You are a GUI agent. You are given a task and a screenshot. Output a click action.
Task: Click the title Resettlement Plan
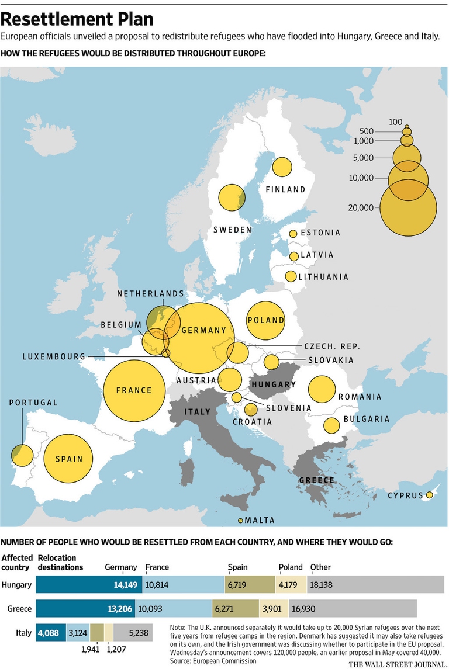[78, 19]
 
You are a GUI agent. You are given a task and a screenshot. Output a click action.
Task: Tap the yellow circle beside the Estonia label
[293, 234]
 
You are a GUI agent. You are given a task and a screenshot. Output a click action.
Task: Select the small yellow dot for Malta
[240, 520]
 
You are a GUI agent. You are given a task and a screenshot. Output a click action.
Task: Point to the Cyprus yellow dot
[430, 495]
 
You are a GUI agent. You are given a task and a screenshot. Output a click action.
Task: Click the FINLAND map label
[285, 189]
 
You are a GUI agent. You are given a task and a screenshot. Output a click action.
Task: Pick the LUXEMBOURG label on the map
[54, 356]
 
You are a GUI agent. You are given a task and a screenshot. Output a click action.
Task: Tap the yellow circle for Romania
[322, 390]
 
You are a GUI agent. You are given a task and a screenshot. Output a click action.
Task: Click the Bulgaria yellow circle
[331, 425]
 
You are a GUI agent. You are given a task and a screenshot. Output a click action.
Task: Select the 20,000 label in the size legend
[360, 207]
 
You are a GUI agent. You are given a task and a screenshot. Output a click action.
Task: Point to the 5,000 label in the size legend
[363, 158]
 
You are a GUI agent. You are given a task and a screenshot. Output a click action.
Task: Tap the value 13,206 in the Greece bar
[120, 608]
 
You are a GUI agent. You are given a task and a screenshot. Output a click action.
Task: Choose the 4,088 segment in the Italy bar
[49, 632]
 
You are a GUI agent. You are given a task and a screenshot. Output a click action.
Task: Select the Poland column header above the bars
[291, 567]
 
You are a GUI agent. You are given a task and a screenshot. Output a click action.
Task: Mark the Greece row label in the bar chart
[19, 608]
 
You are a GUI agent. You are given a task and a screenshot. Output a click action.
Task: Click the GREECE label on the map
[316, 480]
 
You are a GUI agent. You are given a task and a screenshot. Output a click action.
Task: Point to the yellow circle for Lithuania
[290, 276]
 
